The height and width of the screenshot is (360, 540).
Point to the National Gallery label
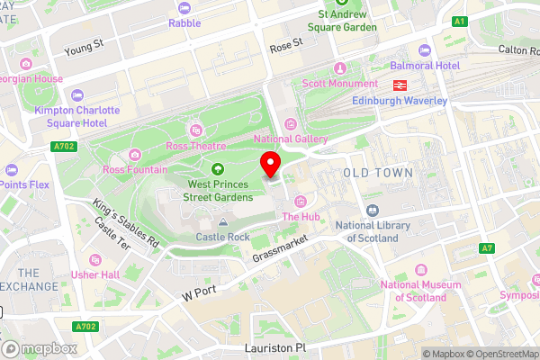pyautogui.click(x=290, y=139)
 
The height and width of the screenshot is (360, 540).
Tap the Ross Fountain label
pyautogui.click(x=134, y=169)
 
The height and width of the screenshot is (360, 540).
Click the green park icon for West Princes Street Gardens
pyautogui.click(x=217, y=168)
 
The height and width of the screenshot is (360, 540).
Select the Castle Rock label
pyautogui.click(x=222, y=237)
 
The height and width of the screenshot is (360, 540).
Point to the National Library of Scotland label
pyautogui.click(x=366, y=231)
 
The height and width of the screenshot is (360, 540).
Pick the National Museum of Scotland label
pyautogui.click(x=414, y=291)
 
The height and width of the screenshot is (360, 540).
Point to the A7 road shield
pyautogui.click(x=487, y=247)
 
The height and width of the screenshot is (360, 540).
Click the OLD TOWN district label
pyautogui.click(x=378, y=172)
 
